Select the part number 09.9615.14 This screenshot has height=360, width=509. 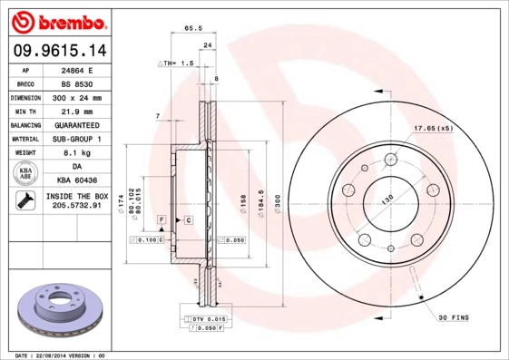pyautogui.click(x=56, y=51)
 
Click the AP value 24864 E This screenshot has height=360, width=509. pyautogui.click(x=77, y=70)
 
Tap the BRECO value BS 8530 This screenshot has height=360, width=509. pyautogui.click(x=77, y=83)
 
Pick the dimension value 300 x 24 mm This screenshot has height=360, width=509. pyautogui.click(x=77, y=97)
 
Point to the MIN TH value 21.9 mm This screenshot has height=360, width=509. pyautogui.click(x=77, y=111)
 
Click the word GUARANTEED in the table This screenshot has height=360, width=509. pyautogui.click(x=77, y=124)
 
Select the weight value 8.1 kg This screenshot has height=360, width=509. pyautogui.click(x=77, y=153)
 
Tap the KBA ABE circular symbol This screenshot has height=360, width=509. pyautogui.click(x=25, y=174)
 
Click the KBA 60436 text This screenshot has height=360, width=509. pyautogui.click(x=77, y=180)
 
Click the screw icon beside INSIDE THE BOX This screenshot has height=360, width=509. pyautogui.click(x=24, y=200)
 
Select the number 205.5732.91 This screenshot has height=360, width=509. pyautogui.click(x=77, y=207)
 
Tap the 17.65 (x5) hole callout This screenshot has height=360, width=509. pyautogui.click(x=433, y=128)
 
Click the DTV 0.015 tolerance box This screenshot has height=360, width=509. pyautogui.click(x=207, y=319)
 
